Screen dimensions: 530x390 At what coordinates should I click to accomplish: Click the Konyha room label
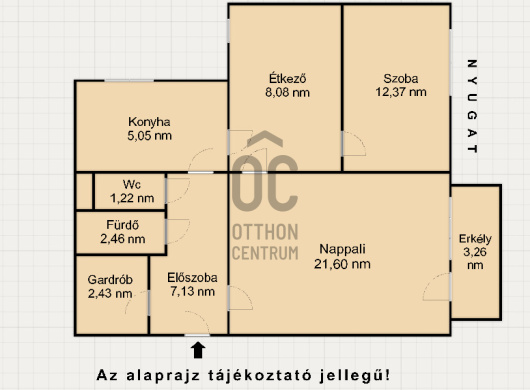pos(149,122)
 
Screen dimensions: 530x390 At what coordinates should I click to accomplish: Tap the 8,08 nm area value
pos(287,92)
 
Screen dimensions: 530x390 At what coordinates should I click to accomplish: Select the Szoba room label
pos(401,78)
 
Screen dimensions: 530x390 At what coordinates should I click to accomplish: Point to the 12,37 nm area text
pos(401,92)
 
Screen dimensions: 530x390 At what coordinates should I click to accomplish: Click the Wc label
pos(132,185)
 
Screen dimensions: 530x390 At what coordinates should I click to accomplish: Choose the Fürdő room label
pos(123,225)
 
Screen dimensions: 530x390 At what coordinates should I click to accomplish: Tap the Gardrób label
pos(110,279)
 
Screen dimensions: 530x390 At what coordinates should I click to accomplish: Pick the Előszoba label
pos(192,277)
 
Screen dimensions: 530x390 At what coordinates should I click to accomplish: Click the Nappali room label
pos(342,249)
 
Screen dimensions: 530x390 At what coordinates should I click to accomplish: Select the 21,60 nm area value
pos(342,264)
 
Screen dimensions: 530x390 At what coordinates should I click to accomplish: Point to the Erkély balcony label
pos(475,239)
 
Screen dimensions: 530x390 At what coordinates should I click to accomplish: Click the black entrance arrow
pos(198,350)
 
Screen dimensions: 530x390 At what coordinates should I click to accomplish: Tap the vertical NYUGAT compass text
pos(472,106)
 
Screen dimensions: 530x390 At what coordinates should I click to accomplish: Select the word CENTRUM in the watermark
pos(266,253)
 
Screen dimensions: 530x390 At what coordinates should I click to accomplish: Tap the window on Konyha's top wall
pos(129,80)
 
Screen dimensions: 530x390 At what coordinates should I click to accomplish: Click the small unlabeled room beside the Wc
pos(84,191)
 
